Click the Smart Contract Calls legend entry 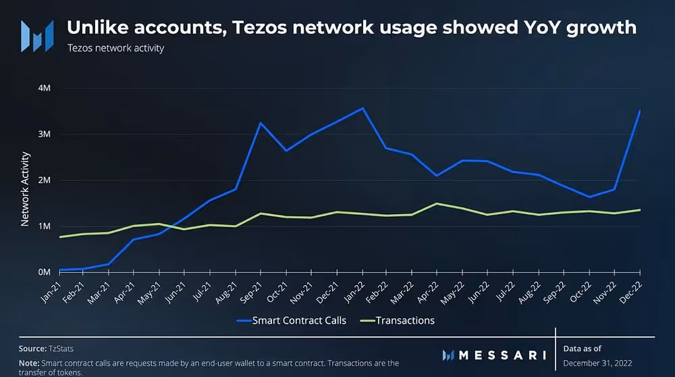click(x=291, y=320)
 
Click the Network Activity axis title click(x=25, y=188)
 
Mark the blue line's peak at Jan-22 click(x=363, y=108)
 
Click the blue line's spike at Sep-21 click(x=261, y=123)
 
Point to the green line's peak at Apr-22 click(x=437, y=203)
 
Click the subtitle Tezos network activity click(x=115, y=49)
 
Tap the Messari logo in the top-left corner click(x=36, y=36)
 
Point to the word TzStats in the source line click(x=60, y=348)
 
